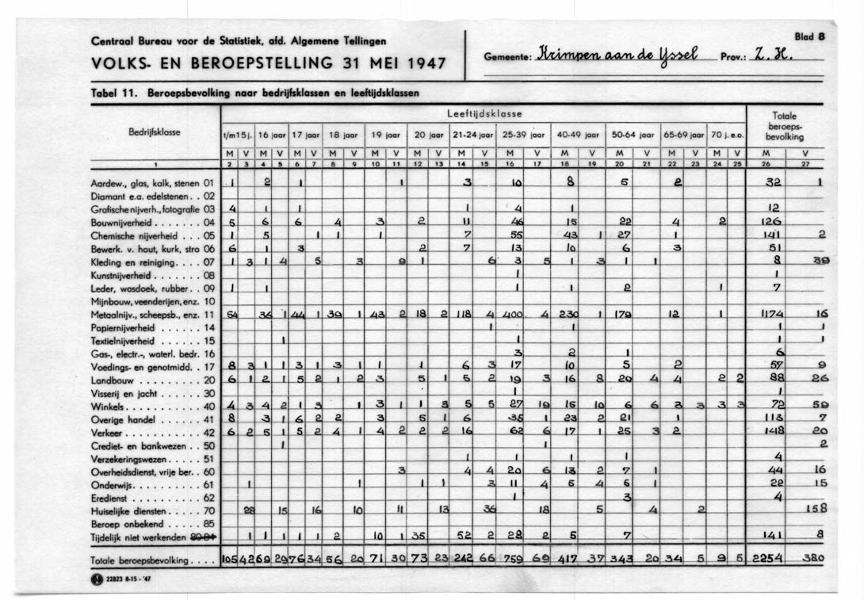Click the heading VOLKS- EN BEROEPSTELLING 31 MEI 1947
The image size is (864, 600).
point(269,63)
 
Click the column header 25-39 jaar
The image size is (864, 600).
point(522,136)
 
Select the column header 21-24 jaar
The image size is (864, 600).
point(472,136)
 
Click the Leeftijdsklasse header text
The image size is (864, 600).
point(484,115)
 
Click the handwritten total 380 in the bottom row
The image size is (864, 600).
point(812,557)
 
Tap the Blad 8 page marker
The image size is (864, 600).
point(816,36)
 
